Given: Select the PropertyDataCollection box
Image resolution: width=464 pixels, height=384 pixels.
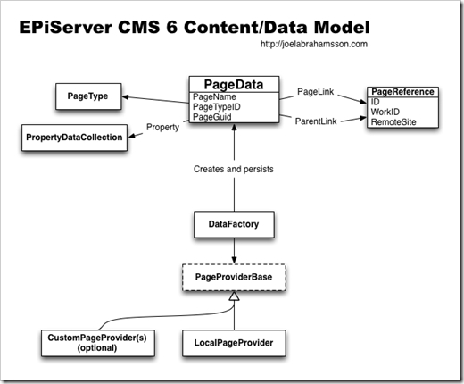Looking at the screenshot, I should point(72,138).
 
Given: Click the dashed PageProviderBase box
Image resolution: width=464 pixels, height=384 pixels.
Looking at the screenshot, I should point(232,277).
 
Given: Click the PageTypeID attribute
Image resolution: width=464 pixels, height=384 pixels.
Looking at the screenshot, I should point(218,107).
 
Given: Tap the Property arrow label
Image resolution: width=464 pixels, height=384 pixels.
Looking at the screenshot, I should point(162,127).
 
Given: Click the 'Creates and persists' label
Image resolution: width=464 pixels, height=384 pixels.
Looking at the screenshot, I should point(232,169).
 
